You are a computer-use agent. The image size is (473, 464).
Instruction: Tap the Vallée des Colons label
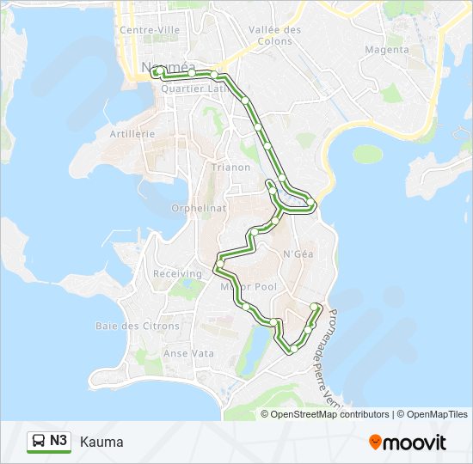click(x=274, y=34)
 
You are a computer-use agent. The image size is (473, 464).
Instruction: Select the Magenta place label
click(x=386, y=50)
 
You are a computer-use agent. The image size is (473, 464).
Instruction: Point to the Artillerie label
click(x=132, y=134)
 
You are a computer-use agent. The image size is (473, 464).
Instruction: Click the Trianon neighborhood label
click(x=230, y=168)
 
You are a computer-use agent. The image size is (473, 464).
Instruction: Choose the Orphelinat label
click(x=199, y=208)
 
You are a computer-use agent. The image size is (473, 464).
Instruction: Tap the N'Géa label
click(x=297, y=253)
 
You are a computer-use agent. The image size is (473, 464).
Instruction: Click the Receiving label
click(x=177, y=273)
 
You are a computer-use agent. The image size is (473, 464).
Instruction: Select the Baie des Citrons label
click(x=138, y=327)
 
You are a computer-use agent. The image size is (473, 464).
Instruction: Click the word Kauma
click(x=101, y=443)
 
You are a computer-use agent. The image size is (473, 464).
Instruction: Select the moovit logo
click(x=408, y=443)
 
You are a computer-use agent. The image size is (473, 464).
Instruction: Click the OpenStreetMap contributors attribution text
click(x=329, y=414)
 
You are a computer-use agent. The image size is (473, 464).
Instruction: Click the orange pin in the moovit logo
click(x=376, y=443)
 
